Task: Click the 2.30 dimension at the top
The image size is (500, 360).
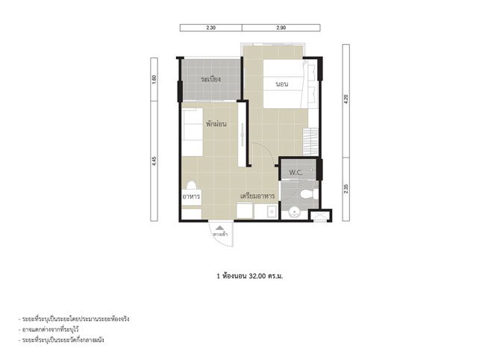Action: click(211, 28)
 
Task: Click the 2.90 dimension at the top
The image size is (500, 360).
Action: click(281, 28)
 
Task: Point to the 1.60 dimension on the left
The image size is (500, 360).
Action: click(154, 78)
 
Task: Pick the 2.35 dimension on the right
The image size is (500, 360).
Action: click(346, 189)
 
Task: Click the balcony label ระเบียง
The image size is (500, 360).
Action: click(210, 79)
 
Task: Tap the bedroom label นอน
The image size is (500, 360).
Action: click(282, 84)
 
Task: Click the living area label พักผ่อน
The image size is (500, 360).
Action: click(216, 123)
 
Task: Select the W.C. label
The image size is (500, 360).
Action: click(297, 171)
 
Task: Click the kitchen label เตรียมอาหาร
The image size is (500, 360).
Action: click(257, 196)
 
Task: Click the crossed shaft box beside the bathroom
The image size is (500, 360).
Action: click(319, 216)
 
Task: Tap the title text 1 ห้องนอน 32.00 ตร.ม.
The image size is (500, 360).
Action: click(249, 276)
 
